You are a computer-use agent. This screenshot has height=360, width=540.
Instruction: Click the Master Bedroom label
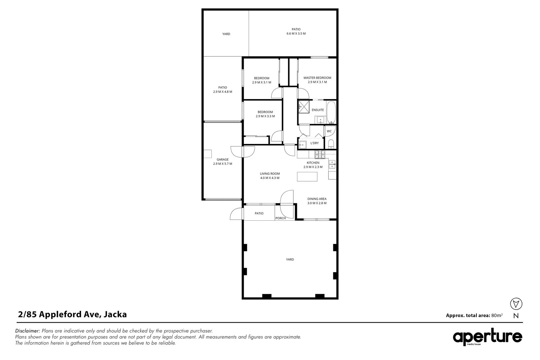[317, 78]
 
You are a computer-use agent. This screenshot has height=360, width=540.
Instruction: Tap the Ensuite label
[317, 110]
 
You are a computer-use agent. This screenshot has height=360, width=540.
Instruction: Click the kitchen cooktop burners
[320, 155]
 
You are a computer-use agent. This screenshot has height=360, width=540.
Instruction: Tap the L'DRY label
[314, 143]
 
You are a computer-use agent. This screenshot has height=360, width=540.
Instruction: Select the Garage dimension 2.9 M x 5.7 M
[222, 164]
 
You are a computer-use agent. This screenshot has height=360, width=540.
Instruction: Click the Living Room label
[270, 174]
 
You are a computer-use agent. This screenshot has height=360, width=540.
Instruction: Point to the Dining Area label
[317, 199]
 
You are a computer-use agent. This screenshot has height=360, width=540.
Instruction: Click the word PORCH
[280, 218]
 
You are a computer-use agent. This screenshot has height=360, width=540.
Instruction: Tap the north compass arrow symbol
[516, 304]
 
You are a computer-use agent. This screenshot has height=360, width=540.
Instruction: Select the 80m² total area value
[497, 315]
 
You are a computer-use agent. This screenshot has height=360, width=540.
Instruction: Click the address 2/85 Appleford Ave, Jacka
[72, 314]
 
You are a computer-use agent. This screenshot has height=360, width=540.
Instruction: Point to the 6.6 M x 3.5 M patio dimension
[296, 34]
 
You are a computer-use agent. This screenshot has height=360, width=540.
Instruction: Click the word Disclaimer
[28, 331]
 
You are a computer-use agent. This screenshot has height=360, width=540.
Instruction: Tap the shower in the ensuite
[304, 107]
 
